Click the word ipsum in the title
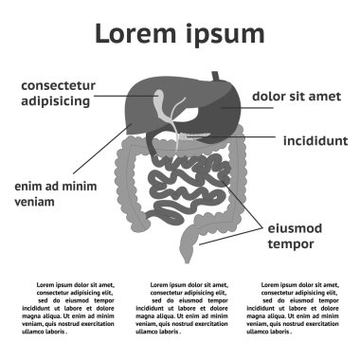[x=224, y=35]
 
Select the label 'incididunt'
[x=315, y=141]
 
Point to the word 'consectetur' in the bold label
[x=57, y=84]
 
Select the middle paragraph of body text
[x=180, y=306]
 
